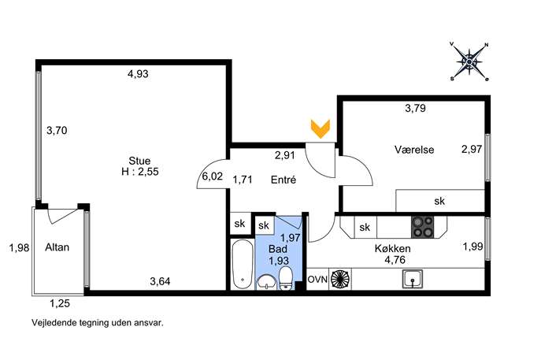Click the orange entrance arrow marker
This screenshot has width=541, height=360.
[x=321, y=128]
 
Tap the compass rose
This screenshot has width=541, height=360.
[x=469, y=61]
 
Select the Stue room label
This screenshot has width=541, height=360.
[x=139, y=161]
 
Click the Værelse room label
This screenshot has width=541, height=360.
[x=414, y=150]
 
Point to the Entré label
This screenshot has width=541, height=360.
[x=283, y=180]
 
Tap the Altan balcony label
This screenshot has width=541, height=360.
[x=57, y=247]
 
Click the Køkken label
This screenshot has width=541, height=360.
[x=393, y=248]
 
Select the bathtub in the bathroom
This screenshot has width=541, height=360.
[x=243, y=264]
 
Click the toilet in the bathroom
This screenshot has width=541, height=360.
[x=285, y=279]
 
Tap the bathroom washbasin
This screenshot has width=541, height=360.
[x=266, y=281]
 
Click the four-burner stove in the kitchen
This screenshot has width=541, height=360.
[x=422, y=227]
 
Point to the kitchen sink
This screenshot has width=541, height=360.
[x=413, y=279]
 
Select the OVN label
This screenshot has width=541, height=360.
[x=317, y=279]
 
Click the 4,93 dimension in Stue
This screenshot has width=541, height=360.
[x=138, y=74]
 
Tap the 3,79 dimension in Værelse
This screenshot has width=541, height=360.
[x=415, y=109]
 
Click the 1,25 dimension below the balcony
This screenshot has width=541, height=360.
[x=60, y=304]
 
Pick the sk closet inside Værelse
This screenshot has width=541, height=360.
[x=440, y=201]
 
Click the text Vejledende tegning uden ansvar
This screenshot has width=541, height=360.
[x=98, y=323]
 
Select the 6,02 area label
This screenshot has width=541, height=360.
[x=212, y=176]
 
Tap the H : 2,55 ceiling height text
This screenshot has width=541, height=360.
[x=140, y=172]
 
